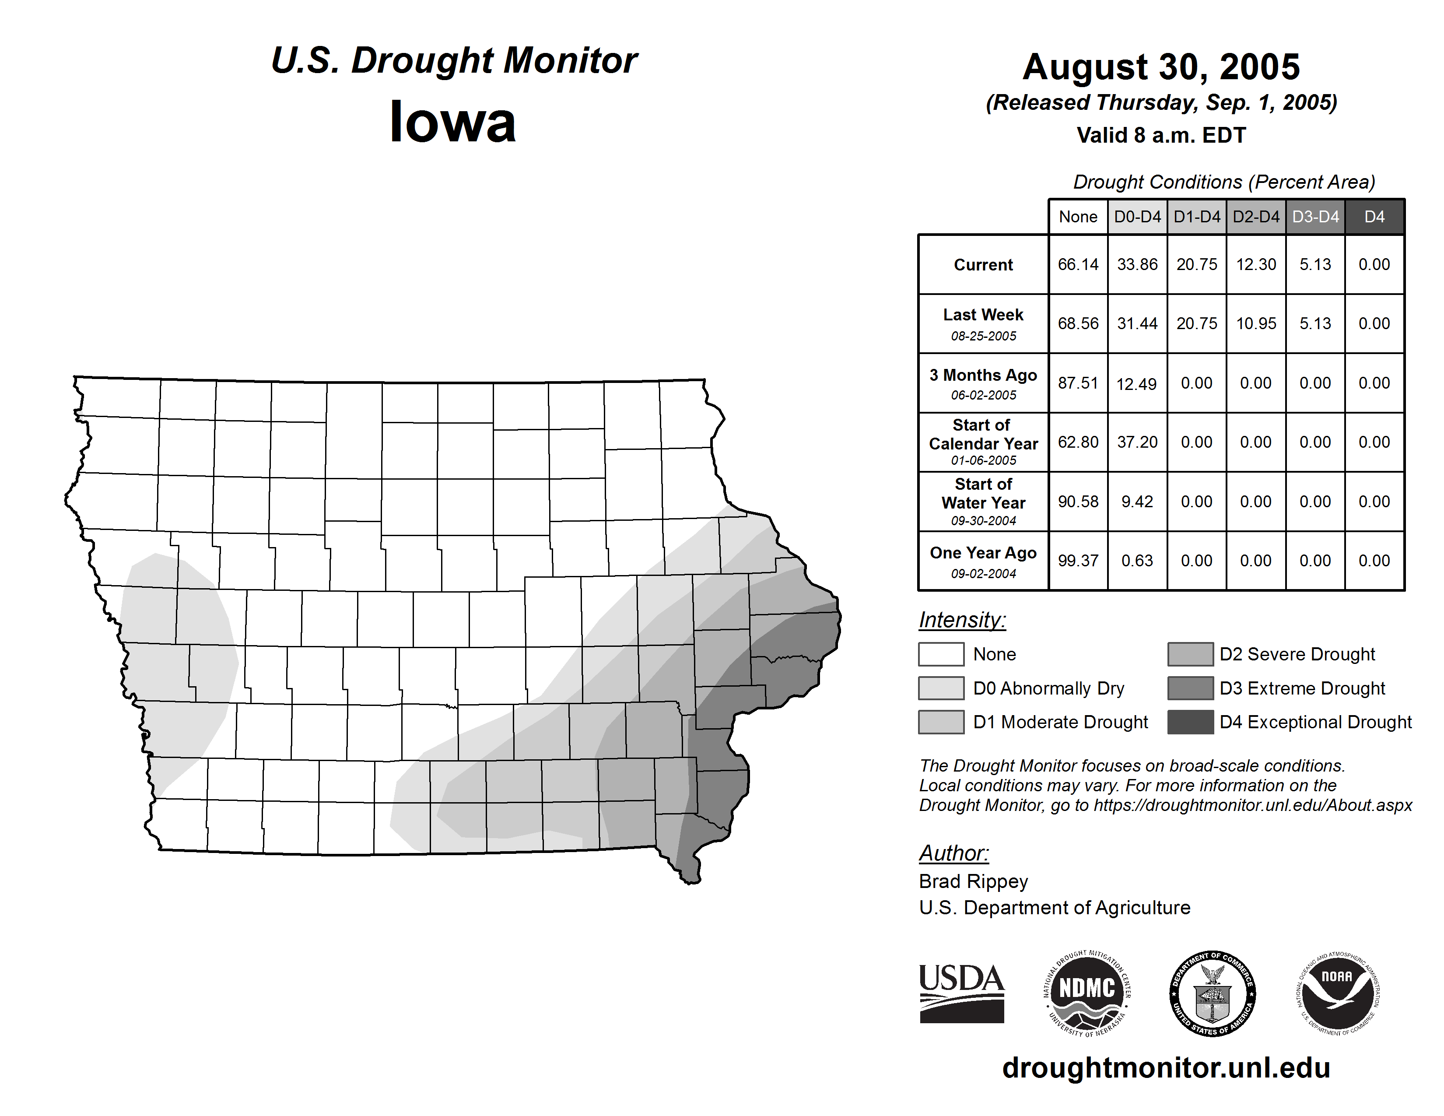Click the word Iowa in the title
pos(453,122)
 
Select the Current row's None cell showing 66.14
pos(1078,264)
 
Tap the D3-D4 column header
pos(1315,217)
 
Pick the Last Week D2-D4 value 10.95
pos(1255,323)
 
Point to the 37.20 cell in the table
pos(1137,442)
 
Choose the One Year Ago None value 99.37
pos(1078,561)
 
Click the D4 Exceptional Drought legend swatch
pos(1190,722)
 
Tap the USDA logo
pos(961,993)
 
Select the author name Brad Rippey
pos(973,881)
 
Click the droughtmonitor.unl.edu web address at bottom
pos(1166,1068)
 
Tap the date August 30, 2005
pos(1161,67)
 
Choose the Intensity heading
pos(962,620)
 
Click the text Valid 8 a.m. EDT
pos(1161,136)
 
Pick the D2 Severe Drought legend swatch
pos(1190,654)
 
